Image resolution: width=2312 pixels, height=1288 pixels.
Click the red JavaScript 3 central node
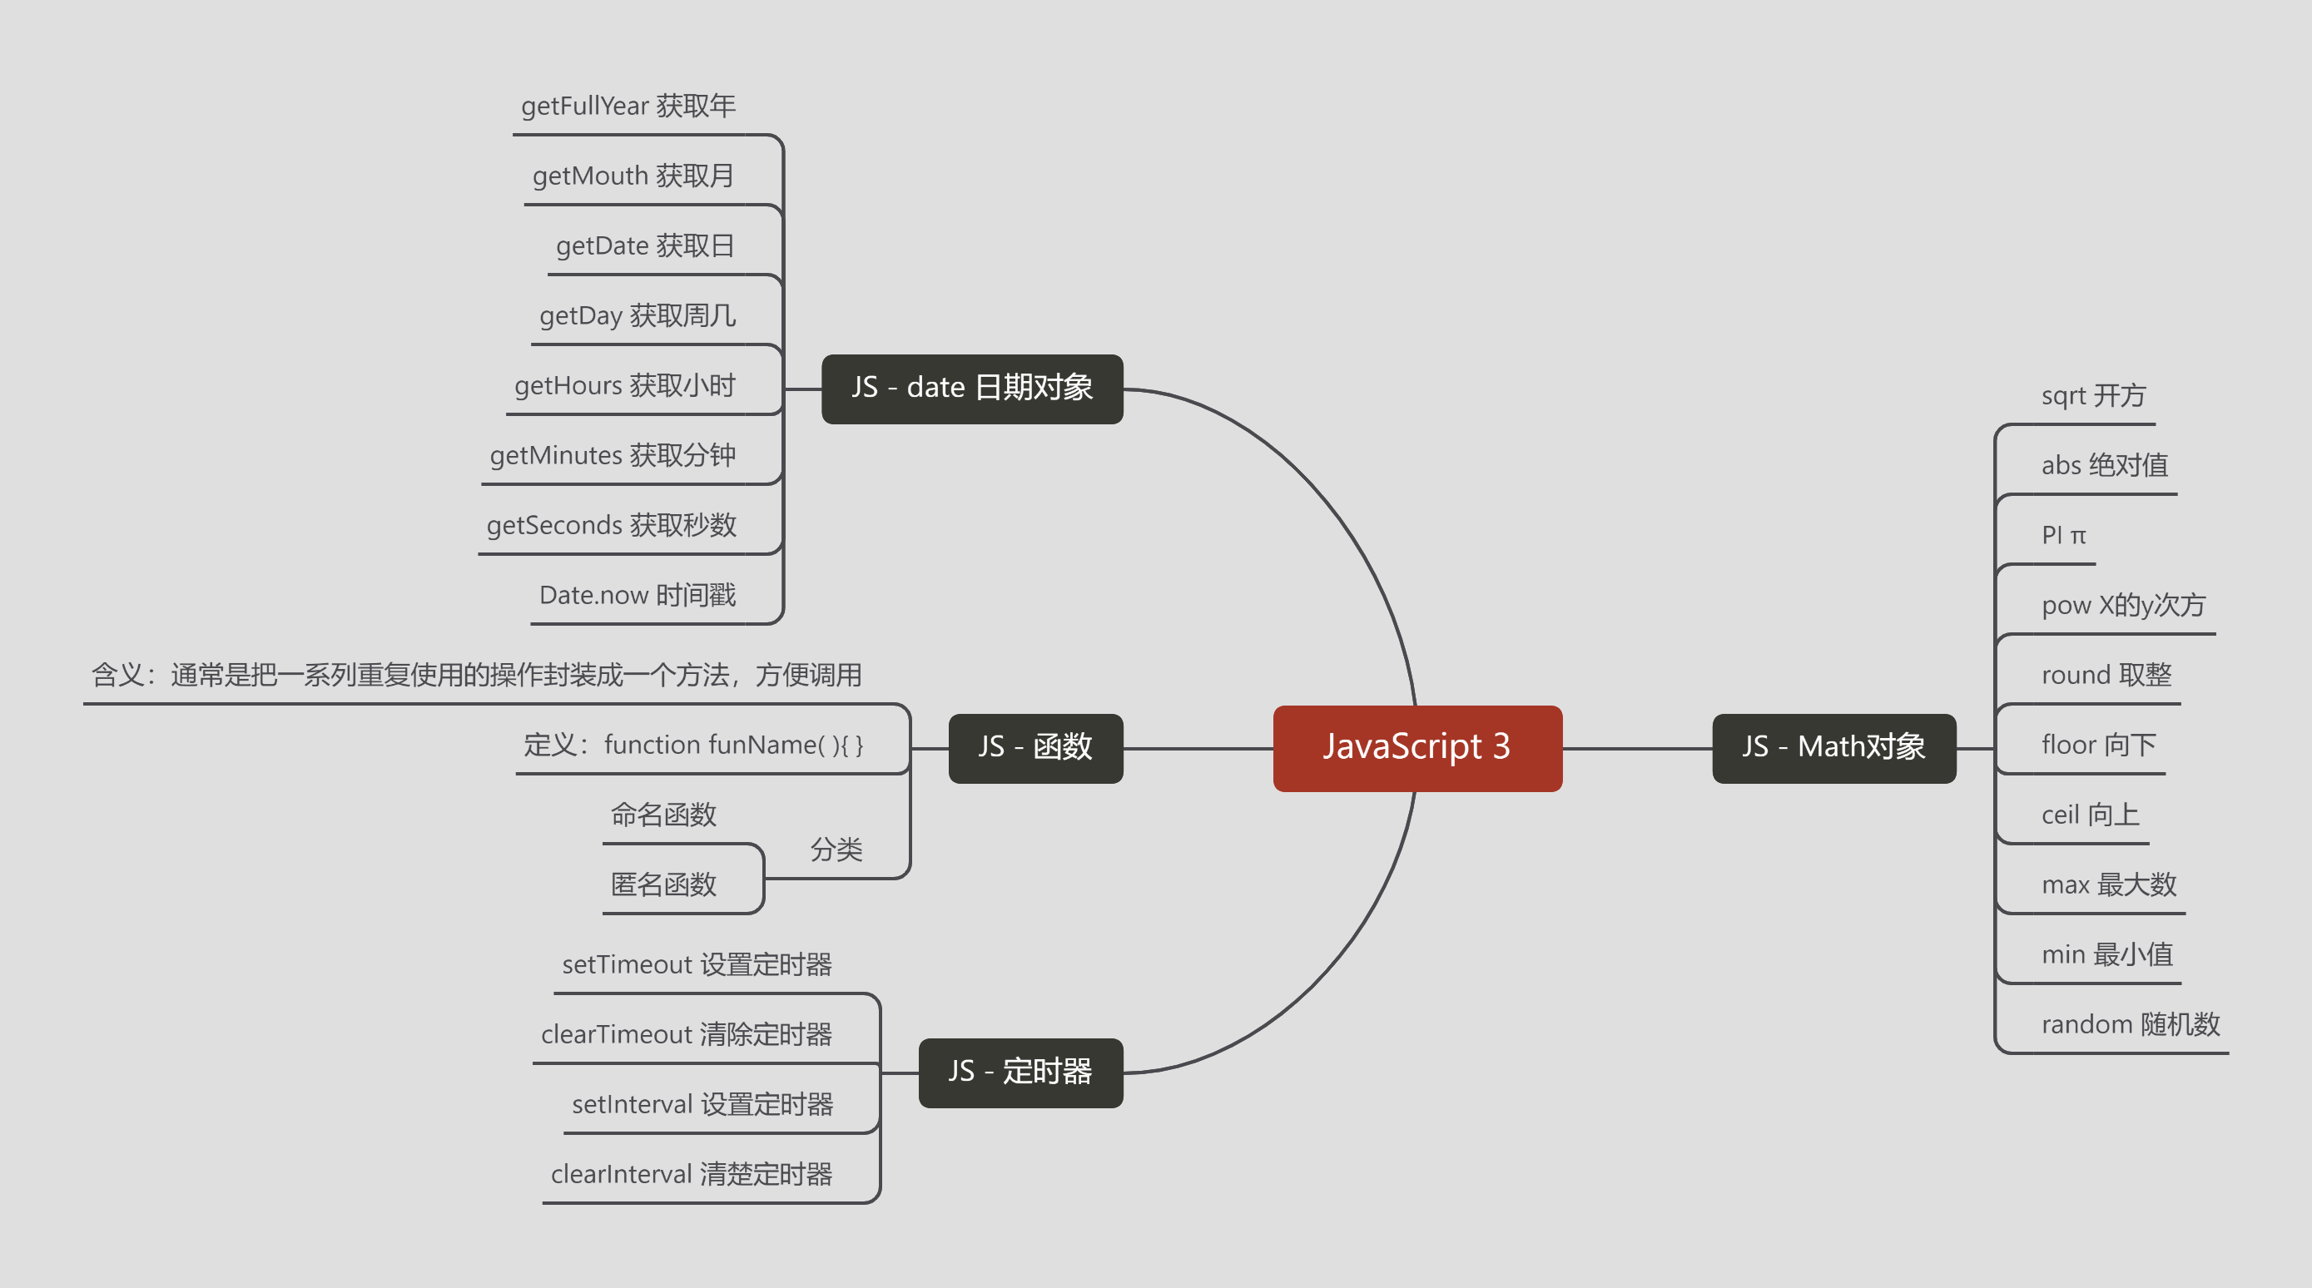click(1416, 748)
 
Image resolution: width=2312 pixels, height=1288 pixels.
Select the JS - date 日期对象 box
click(972, 388)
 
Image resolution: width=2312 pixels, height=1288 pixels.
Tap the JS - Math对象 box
click(1833, 748)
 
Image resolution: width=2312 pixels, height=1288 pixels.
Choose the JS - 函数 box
click(1034, 748)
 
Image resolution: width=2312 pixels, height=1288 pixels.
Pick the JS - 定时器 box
click(1020, 1072)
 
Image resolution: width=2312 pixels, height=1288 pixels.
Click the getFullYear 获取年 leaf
click(628, 106)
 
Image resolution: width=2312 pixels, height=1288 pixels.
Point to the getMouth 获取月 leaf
click(633, 176)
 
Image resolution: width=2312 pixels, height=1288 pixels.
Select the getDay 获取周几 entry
click(638, 316)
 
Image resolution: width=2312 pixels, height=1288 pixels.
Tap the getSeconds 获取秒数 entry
click(611, 525)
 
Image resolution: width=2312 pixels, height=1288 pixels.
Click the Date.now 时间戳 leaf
click(638, 595)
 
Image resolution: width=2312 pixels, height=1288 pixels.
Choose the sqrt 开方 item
click(2093, 396)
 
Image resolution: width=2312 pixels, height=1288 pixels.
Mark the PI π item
click(2062, 536)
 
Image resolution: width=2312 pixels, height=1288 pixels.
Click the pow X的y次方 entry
click(2122, 606)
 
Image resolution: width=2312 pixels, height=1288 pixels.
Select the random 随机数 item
click(2130, 1025)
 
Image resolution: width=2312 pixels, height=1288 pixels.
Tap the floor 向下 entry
click(2097, 745)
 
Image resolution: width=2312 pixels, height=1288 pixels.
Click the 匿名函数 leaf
click(663, 885)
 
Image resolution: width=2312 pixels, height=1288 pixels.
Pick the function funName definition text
click(693, 745)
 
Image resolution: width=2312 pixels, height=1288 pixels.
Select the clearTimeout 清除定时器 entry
click(687, 1035)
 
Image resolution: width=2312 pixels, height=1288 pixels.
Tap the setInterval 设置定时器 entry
click(702, 1105)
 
